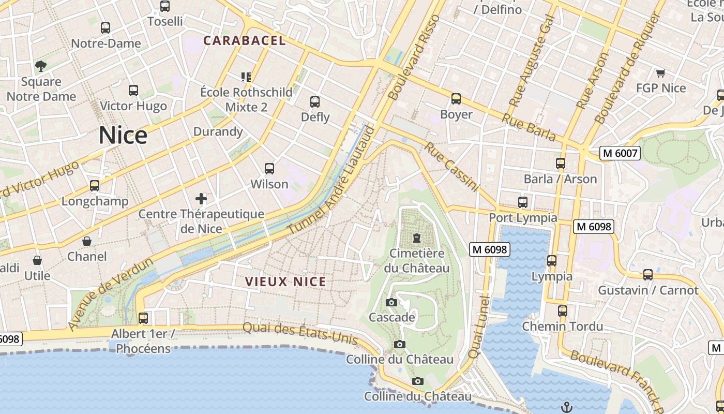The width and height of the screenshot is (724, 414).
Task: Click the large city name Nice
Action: [123, 136]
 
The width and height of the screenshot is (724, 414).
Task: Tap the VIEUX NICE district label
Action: [285, 282]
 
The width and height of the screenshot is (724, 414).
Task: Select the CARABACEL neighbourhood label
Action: [244, 40]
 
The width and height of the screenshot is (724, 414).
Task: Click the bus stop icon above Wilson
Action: [269, 168]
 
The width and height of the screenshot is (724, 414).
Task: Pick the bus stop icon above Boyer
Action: [456, 98]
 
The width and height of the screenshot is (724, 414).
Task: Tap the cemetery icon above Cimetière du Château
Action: [416, 238]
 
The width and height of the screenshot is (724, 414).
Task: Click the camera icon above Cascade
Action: [391, 302]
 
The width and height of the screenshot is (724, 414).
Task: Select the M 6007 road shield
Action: [620, 153]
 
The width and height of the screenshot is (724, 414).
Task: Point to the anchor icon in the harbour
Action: [567, 407]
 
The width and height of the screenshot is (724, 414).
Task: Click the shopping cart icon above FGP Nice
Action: [660, 73]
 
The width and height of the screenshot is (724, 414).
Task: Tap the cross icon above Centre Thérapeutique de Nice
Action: [201, 198]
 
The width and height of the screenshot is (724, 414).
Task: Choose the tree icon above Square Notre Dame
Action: [41, 66]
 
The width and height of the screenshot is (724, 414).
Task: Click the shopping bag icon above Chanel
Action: [87, 241]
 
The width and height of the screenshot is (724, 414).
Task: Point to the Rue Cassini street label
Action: [452, 167]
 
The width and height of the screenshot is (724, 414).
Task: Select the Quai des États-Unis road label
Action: [300, 333]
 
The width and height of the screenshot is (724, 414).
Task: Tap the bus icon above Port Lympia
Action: [523, 202]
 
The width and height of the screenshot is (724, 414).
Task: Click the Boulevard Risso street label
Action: [414, 57]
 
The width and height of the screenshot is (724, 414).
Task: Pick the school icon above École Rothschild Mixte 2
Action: [246, 77]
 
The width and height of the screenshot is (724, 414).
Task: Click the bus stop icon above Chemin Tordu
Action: [562, 311]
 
